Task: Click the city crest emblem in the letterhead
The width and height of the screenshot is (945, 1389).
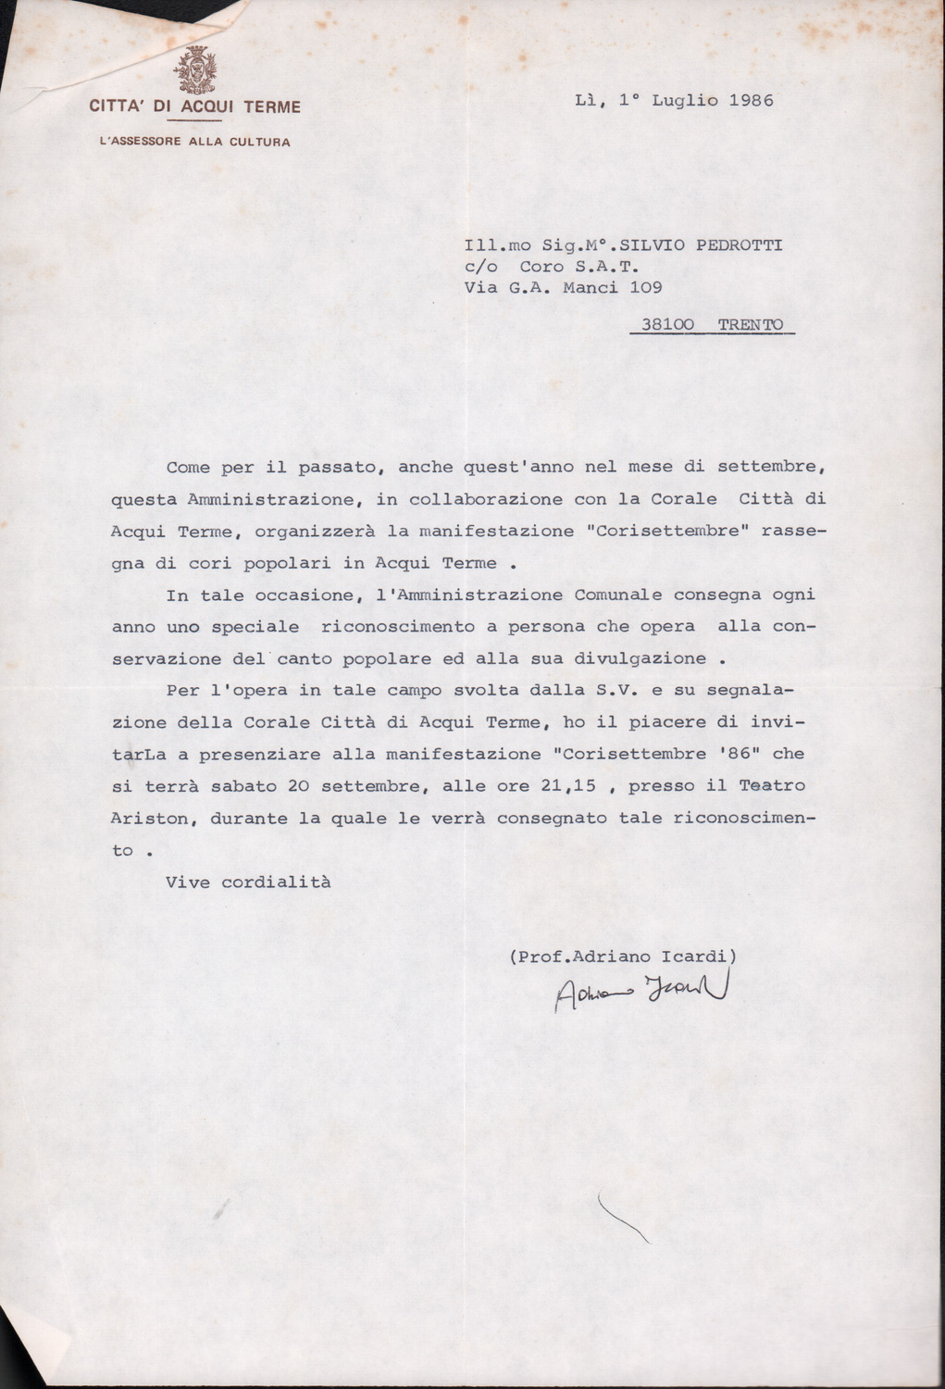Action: click(x=195, y=71)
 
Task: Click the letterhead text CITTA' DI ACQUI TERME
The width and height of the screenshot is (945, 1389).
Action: click(x=195, y=107)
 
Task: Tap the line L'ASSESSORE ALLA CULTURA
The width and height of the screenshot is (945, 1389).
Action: click(x=195, y=142)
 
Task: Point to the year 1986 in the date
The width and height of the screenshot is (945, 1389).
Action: click(x=751, y=100)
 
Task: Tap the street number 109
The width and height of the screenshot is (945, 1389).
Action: click(x=645, y=288)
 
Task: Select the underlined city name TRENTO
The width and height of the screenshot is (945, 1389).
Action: click(x=750, y=325)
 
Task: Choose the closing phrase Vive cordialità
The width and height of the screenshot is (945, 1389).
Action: click(x=248, y=882)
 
